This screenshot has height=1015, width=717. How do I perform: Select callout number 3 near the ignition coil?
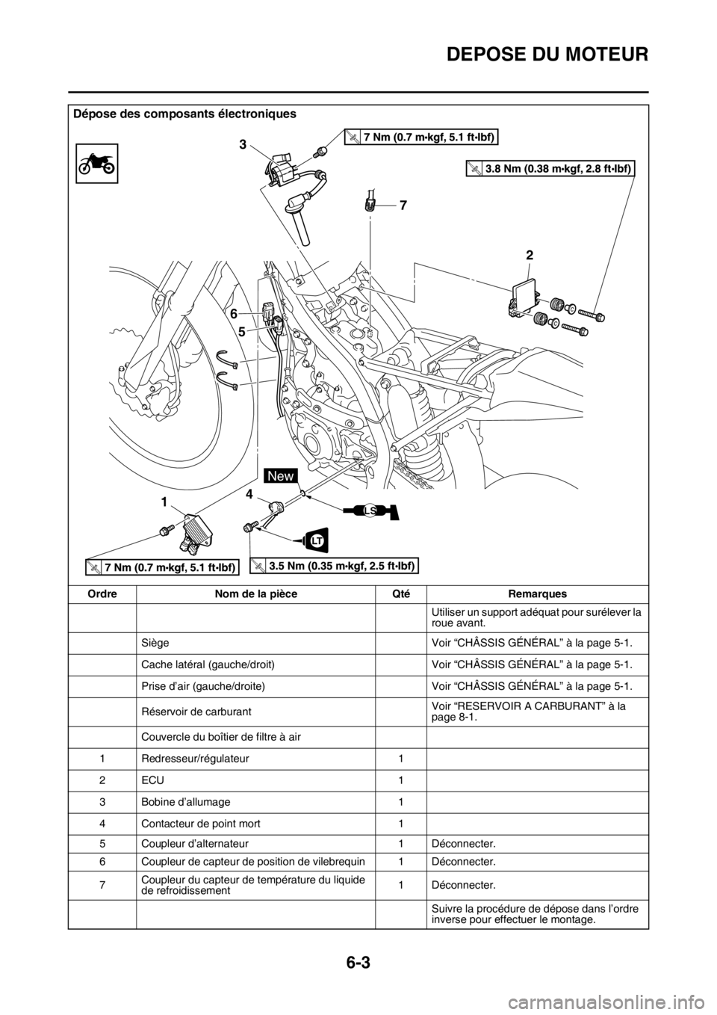pyautogui.click(x=243, y=144)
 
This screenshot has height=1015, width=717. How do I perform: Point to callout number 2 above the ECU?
pyautogui.click(x=529, y=255)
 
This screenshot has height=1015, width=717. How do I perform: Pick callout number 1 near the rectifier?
pyautogui.click(x=163, y=499)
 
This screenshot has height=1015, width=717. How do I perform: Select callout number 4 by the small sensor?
pyautogui.click(x=249, y=494)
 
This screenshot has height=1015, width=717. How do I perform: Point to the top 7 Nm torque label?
pyautogui.click(x=422, y=135)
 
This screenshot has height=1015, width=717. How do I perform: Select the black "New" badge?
pyautogui.click(x=280, y=475)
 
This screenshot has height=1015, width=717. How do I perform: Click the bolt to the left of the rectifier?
pyautogui.click(x=163, y=532)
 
